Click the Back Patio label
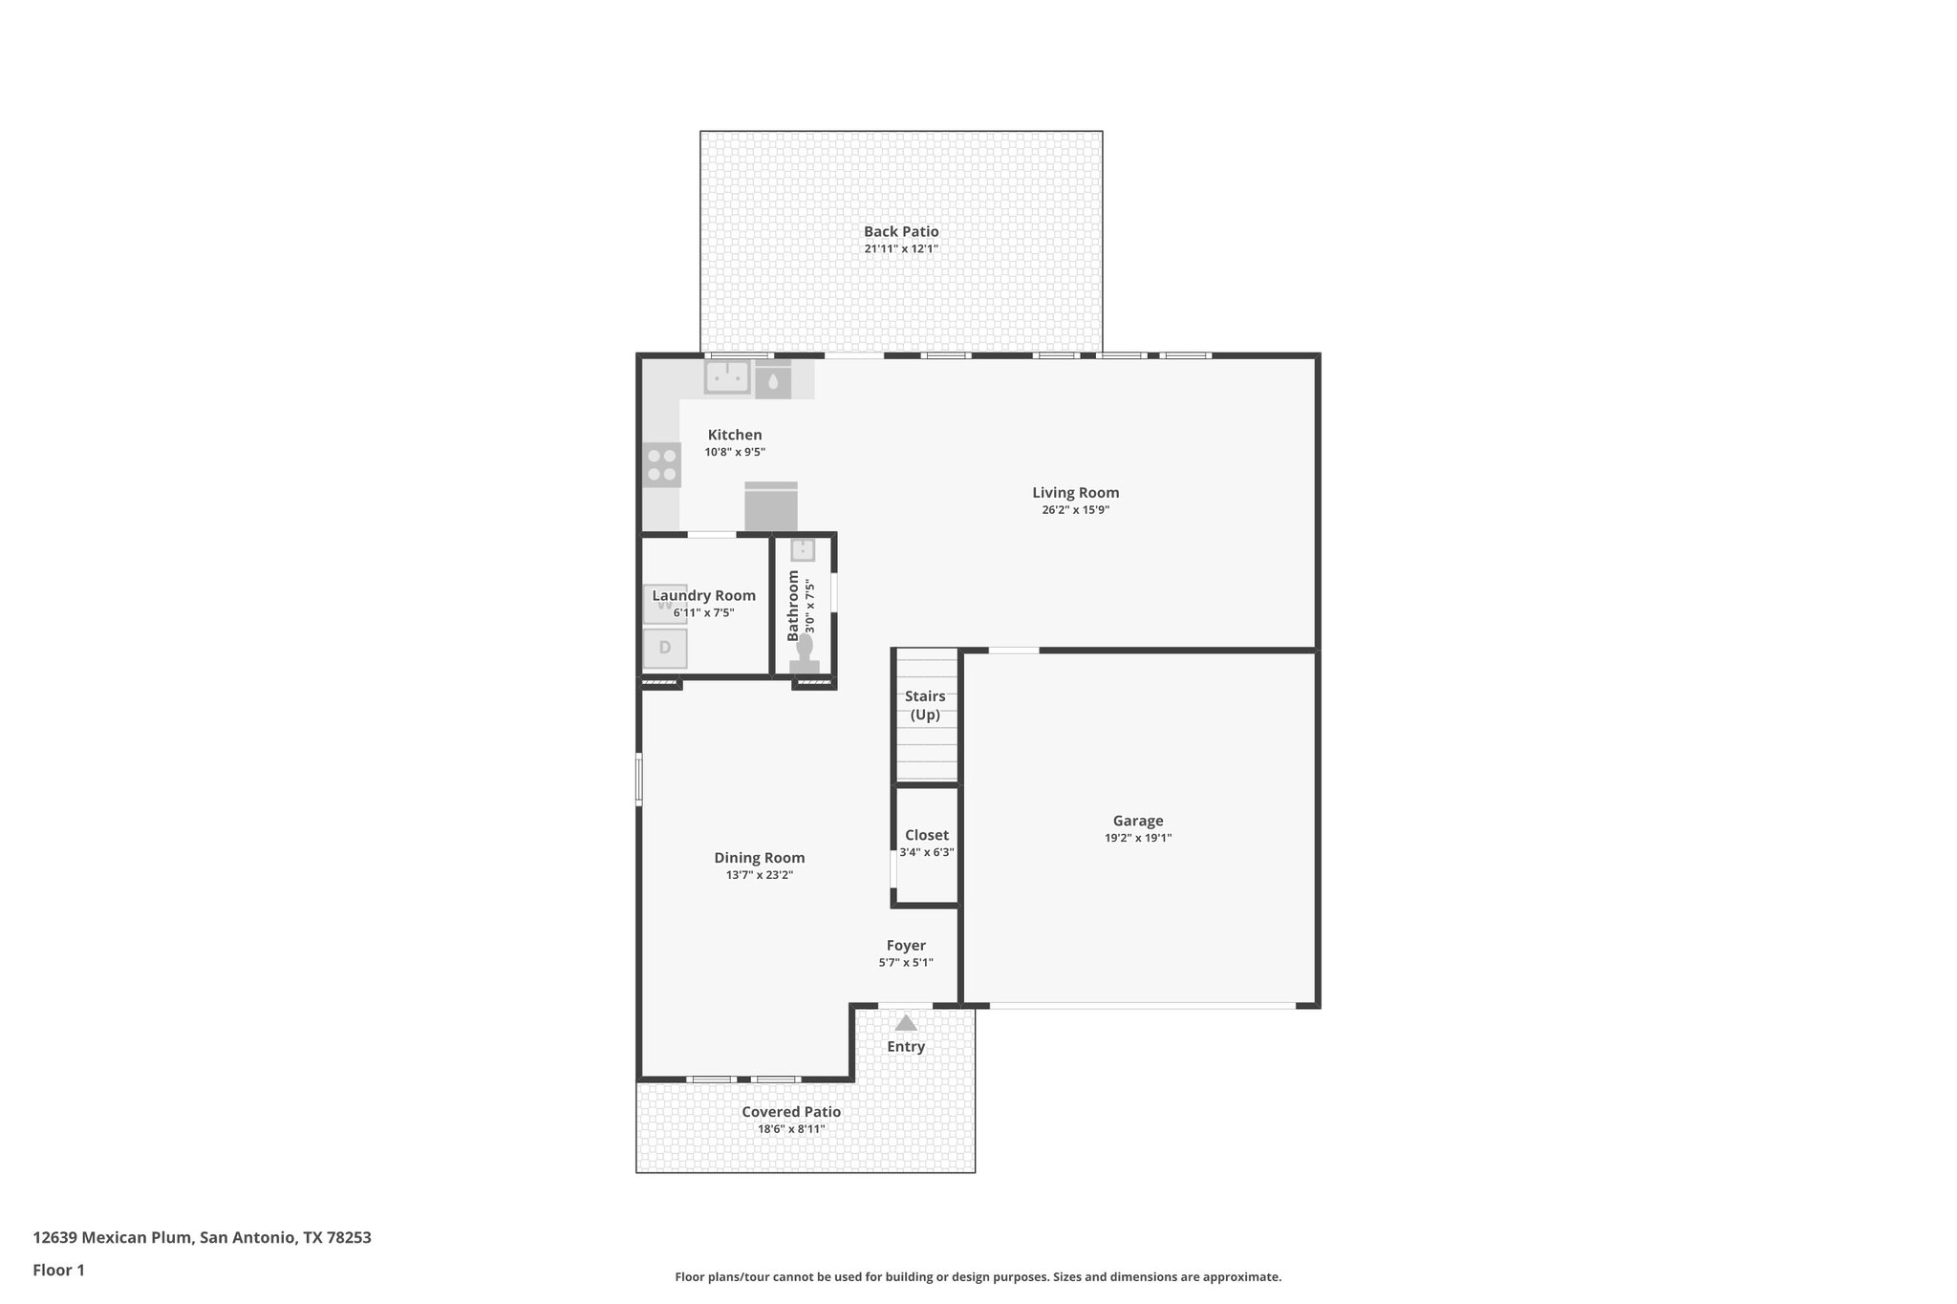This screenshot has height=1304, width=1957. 901,231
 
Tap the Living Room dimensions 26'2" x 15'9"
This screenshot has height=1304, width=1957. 1075,510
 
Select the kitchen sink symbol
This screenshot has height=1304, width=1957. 727,377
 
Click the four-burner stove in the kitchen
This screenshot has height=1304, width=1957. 661,465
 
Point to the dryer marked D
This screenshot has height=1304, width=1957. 665,648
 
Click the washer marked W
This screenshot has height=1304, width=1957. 665,605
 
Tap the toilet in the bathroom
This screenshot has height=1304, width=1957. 805,653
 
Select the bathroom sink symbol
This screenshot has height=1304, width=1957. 803,550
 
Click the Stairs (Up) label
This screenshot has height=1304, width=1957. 925,705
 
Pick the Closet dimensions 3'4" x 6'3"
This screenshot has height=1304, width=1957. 926,852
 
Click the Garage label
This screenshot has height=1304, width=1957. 1137,821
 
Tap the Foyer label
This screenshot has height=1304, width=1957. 906,946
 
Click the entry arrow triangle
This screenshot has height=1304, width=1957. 906,1023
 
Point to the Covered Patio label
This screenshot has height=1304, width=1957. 791,1112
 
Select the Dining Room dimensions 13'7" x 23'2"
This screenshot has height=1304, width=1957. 759,875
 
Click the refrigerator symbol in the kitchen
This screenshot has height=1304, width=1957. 771,507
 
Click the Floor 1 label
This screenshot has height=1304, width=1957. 58,1271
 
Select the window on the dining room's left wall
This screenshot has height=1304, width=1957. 639,779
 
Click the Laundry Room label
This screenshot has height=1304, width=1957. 703,596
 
